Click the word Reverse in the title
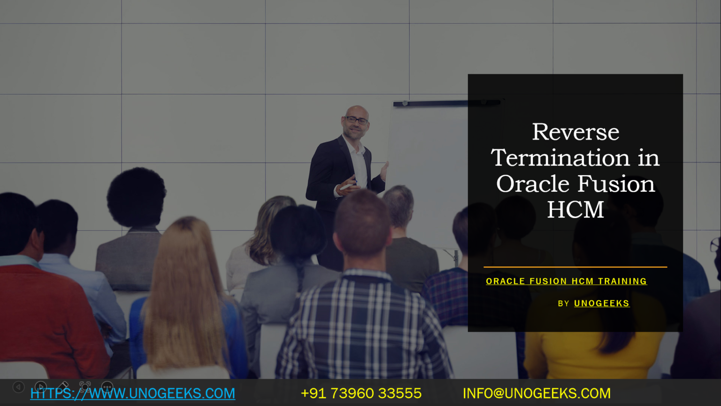click(575, 132)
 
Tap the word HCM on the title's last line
click(575, 210)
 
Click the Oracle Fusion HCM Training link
click(566, 281)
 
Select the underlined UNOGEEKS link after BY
click(601, 304)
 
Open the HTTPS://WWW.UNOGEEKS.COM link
click(133, 393)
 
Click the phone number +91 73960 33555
click(361, 393)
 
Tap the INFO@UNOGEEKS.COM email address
click(537, 393)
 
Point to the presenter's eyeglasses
click(356, 120)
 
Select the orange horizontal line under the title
click(575, 267)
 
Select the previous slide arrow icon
click(18, 387)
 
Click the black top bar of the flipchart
click(446, 102)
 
